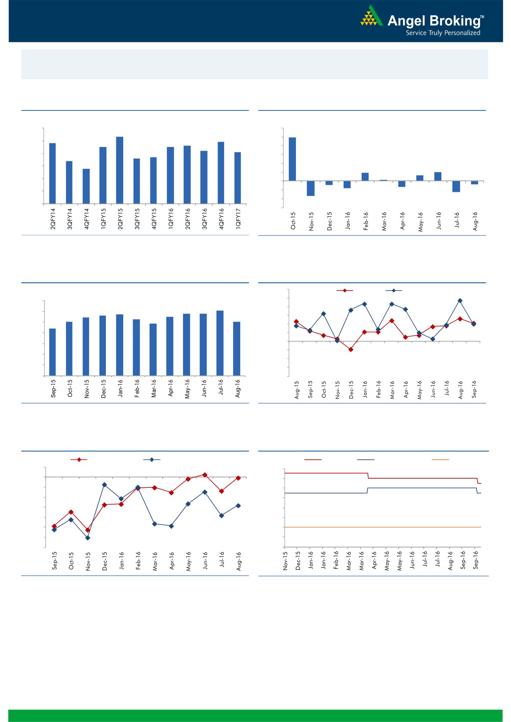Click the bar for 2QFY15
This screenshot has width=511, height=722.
click(120, 170)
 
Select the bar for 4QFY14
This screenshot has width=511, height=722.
click(86, 186)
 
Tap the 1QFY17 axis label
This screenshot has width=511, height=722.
click(238, 219)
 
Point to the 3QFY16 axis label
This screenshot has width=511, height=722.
click(204, 219)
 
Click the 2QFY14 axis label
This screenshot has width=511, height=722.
click(53, 219)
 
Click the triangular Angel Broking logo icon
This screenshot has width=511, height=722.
click(371, 16)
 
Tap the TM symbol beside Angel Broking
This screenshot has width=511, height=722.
click(482, 17)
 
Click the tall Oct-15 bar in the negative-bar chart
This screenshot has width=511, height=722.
click(292, 159)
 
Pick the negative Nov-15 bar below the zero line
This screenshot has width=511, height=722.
click(311, 188)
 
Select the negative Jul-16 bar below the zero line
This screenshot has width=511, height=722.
click(456, 186)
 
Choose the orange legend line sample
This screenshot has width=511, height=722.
click(440, 459)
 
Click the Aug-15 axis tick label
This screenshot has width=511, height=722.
click(297, 390)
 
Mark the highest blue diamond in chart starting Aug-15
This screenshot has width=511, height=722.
click(460, 300)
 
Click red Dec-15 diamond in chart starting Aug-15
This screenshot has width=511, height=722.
click(351, 349)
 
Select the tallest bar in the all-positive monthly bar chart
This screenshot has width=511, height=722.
click(220, 343)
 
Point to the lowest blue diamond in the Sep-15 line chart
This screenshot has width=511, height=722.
click(87, 538)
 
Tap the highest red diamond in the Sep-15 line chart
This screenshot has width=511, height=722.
click(205, 475)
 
